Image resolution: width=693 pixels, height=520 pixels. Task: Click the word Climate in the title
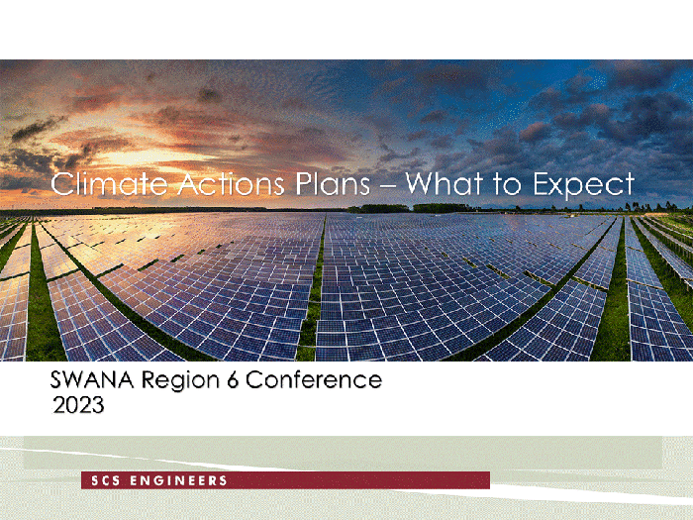pyautogui.click(x=109, y=183)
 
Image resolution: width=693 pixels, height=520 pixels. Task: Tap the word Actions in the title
pyautogui.click(x=231, y=183)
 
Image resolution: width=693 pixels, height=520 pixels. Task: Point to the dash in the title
pyautogui.click(x=388, y=185)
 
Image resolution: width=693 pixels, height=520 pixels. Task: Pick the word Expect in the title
pyautogui.click(x=583, y=186)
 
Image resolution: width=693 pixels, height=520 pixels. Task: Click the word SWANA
pyautogui.click(x=92, y=379)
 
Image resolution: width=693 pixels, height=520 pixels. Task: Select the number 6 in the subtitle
pyautogui.click(x=233, y=379)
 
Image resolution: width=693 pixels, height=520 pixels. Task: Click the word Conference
pyautogui.click(x=314, y=379)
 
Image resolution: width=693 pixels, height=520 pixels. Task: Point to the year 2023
pyautogui.click(x=78, y=404)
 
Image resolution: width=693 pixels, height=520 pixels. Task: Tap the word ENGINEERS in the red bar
pyautogui.click(x=178, y=480)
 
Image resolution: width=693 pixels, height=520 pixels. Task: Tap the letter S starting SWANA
pyautogui.click(x=56, y=379)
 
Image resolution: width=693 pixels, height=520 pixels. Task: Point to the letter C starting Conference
pyautogui.click(x=254, y=379)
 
